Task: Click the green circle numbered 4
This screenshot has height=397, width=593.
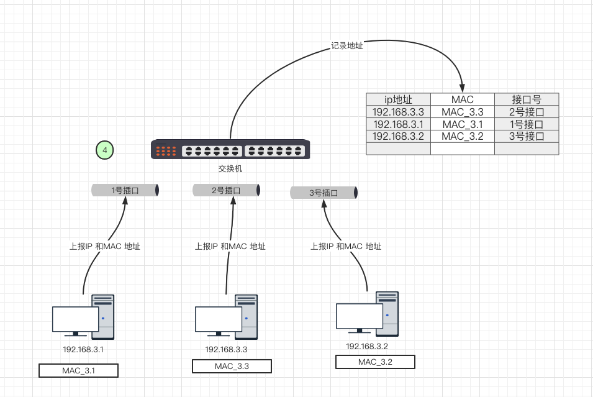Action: coord(105,150)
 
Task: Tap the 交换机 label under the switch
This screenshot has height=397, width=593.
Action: coord(230,168)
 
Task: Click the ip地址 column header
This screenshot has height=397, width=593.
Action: coord(398,99)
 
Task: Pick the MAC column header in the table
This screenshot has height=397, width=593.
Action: coord(462,99)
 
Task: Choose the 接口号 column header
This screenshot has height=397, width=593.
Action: coord(527,99)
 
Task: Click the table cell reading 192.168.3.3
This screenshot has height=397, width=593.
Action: coord(398,112)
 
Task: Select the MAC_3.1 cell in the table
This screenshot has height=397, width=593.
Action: coord(462,124)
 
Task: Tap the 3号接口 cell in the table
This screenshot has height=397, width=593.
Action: coord(527,136)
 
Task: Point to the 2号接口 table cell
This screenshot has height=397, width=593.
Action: coord(527,112)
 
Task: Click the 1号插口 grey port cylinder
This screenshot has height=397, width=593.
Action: coord(125,190)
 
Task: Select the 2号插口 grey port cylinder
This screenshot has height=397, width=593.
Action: coord(225,190)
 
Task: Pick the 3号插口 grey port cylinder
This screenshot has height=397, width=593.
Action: coord(324,193)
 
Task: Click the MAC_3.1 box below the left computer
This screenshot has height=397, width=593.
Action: coord(78,371)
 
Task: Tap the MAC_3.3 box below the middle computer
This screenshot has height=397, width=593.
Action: coord(232,366)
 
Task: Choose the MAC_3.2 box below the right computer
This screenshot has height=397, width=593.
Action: coord(375,362)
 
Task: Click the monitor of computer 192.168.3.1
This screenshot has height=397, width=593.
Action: coord(76,319)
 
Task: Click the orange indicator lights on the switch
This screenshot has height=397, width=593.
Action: coord(166,150)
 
